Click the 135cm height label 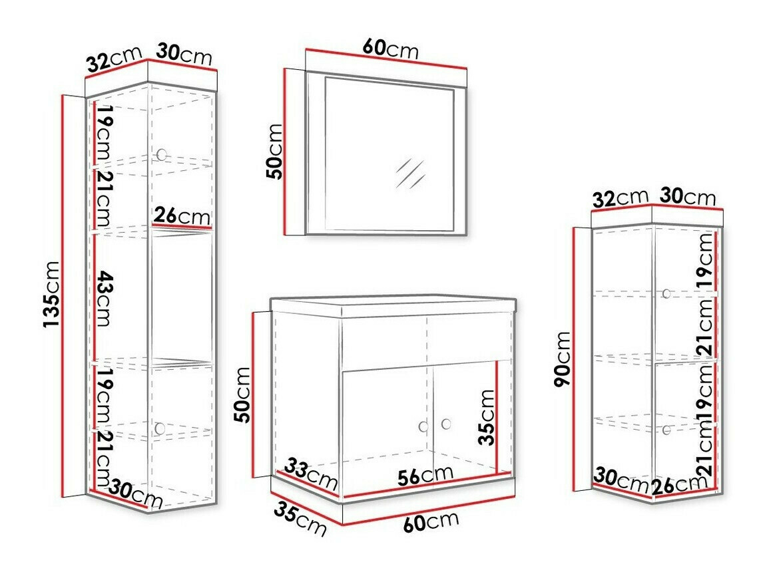click(x=52, y=294)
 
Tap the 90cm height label click(x=563, y=359)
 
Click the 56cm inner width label click(x=425, y=475)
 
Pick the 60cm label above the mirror click(x=391, y=49)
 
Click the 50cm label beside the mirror click(x=274, y=152)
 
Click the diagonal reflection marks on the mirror click(x=410, y=174)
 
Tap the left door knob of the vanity click(x=423, y=426)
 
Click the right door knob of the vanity click(x=446, y=424)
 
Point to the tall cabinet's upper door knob click(x=161, y=155)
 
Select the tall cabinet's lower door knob click(x=160, y=428)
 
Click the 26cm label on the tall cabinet click(x=182, y=216)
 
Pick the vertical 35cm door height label click(x=487, y=417)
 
